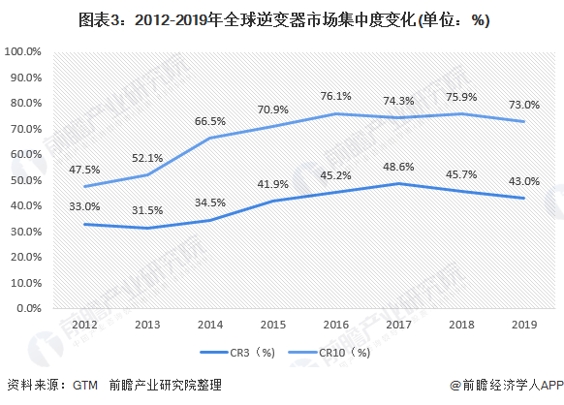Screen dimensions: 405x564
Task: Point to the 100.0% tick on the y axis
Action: pyautogui.click(x=22, y=51)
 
